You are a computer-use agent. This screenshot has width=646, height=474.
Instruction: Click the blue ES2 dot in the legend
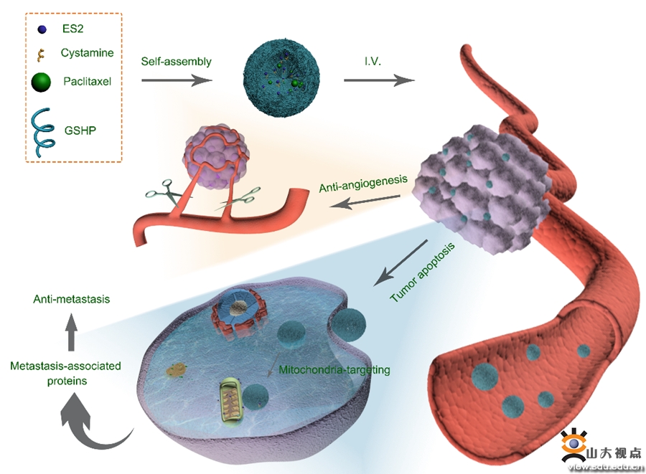(42, 29)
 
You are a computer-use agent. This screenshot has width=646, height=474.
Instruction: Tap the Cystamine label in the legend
(87, 52)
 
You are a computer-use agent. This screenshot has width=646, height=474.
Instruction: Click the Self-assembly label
(176, 62)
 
